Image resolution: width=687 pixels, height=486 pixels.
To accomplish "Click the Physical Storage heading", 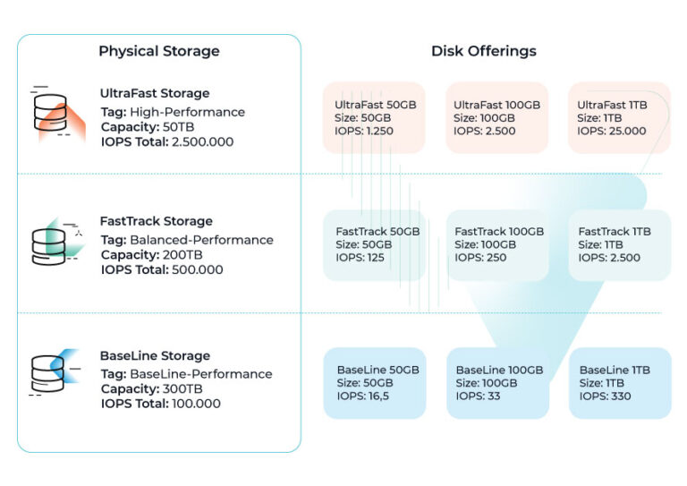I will (x=159, y=51).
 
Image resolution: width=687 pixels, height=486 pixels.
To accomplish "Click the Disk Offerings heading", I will (x=484, y=51).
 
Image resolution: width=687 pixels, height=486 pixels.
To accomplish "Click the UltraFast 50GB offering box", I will (x=374, y=117).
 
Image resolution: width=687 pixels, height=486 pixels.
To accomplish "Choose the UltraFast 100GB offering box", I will (x=496, y=117).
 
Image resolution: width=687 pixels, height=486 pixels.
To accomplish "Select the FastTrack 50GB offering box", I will (x=374, y=244).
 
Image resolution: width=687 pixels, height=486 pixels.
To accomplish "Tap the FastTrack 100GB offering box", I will (x=496, y=244).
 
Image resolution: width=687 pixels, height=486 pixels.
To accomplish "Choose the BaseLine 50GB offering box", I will (x=374, y=383).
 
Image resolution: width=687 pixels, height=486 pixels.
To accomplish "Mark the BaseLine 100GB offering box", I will (x=496, y=383).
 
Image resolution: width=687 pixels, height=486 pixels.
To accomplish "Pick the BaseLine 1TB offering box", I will (x=619, y=383).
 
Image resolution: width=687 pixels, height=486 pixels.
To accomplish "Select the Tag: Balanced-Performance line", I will (x=187, y=240).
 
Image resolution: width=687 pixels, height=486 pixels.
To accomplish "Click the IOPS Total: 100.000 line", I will (x=160, y=404).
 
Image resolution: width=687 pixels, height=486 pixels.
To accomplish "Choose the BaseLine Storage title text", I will (x=155, y=356).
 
